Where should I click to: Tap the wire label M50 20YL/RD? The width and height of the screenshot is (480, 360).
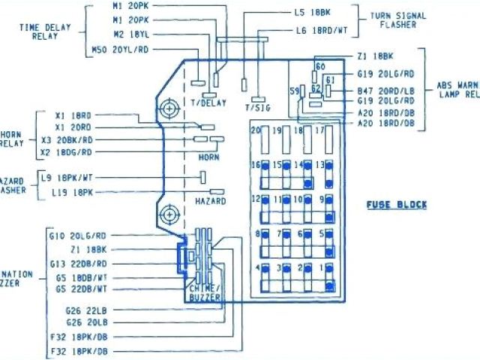click(x=120, y=50)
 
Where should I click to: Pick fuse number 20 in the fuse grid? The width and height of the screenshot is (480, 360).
click(x=256, y=130)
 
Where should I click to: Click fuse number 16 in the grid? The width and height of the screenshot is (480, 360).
click(x=256, y=165)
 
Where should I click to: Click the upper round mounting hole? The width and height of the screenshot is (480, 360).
click(x=169, y=110)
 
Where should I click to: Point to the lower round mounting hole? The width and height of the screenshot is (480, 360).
click(x=169, y=214)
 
